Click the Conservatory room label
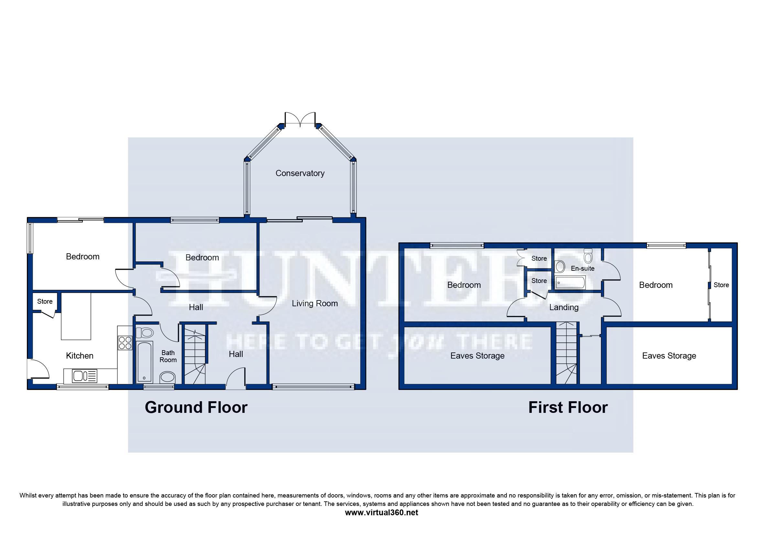pos(300,173)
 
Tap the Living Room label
pos(315,303)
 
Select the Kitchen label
pos(80,356)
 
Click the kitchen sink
pos(84,376)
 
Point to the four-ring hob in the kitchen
pos(125,343)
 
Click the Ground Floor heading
pos(196,407)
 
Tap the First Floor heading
pos(568,407)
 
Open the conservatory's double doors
pos(300,119)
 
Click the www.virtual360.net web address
pos(381,512)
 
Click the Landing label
pos(564,307)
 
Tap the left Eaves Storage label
pos(477,356)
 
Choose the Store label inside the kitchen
pos(45,301)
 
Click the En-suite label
pos(583,268)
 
